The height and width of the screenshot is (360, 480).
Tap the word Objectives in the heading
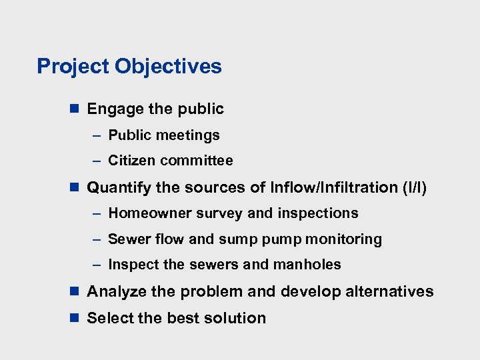pos(168,67)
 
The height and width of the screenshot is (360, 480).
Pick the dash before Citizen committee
pos(97,161)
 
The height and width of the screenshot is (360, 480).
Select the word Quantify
pos(119,188)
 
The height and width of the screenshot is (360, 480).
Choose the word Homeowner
pos(143,213)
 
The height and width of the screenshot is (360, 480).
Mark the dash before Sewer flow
pos(97,239)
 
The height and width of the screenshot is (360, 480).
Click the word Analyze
pos(118,292)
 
